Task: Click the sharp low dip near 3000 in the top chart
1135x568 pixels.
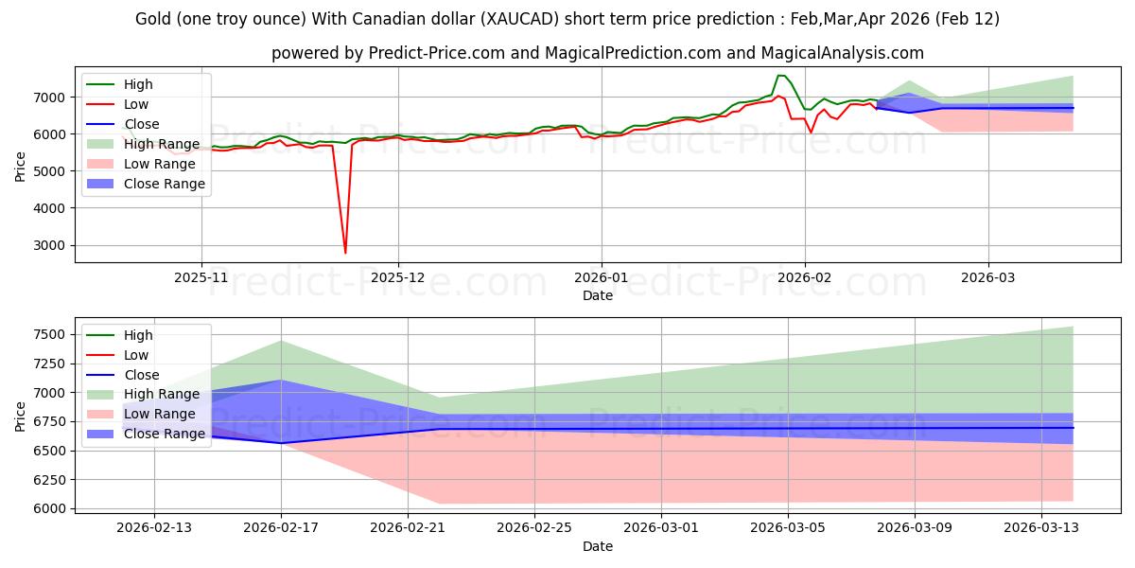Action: [x=345, y=253]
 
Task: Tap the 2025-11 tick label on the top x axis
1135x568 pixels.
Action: [x=201, y=277]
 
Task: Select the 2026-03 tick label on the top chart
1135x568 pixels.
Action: [x=988, y=277]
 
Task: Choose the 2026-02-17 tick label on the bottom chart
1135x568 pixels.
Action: [x=281, y=528]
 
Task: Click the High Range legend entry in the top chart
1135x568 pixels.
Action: [x=162, y=144]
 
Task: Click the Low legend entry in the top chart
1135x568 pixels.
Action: [x=136, y=104]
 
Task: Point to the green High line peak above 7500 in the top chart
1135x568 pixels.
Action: [x=780, y=75]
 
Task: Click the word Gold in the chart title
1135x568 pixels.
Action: [x=155, y=19]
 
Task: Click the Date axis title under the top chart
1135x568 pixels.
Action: [x=598, y=295]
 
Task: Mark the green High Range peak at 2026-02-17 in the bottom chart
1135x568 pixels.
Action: [x=281, y=341]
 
